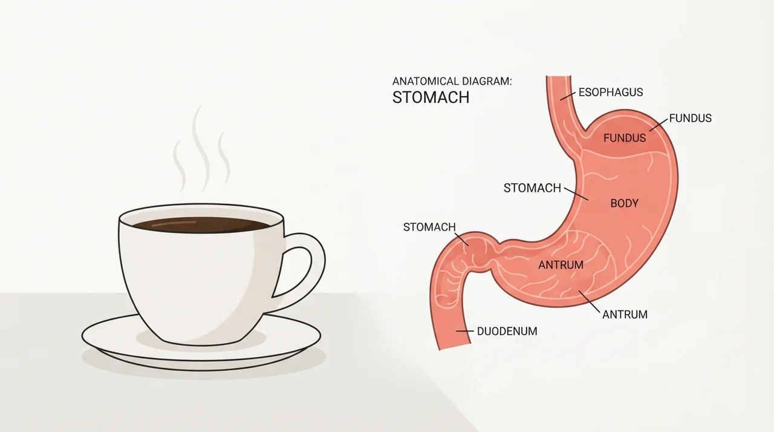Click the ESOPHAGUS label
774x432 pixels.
pyautogui.click(x=611, y=93)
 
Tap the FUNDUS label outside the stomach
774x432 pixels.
pyautogui.click(x=691, y=119)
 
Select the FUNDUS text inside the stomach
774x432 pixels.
pyautogui.click(x=625, y=138)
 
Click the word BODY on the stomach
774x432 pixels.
pyautogui.click(x=625, y=203)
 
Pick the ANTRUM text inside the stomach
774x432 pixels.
pyautogui.click(x=561, y=265)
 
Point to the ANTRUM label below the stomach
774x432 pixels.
pyautogui.click(x=625, y=315)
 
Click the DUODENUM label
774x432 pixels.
pyautogui.click(x=507, y=332)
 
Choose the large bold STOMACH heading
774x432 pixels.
pyautogui.click(x=431, y=97)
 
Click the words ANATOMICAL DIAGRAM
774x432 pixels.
pyautogui.click(x=452, y=82)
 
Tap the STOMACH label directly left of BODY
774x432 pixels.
pyautogui.click(x=532, y=188)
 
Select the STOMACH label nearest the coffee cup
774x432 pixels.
pyautogui.click(x=429, y=227)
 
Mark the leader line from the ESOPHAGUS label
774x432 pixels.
pyautogui.click(x=568, y=96)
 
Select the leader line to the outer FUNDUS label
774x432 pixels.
pyautogui.click(x=659, y=125)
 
